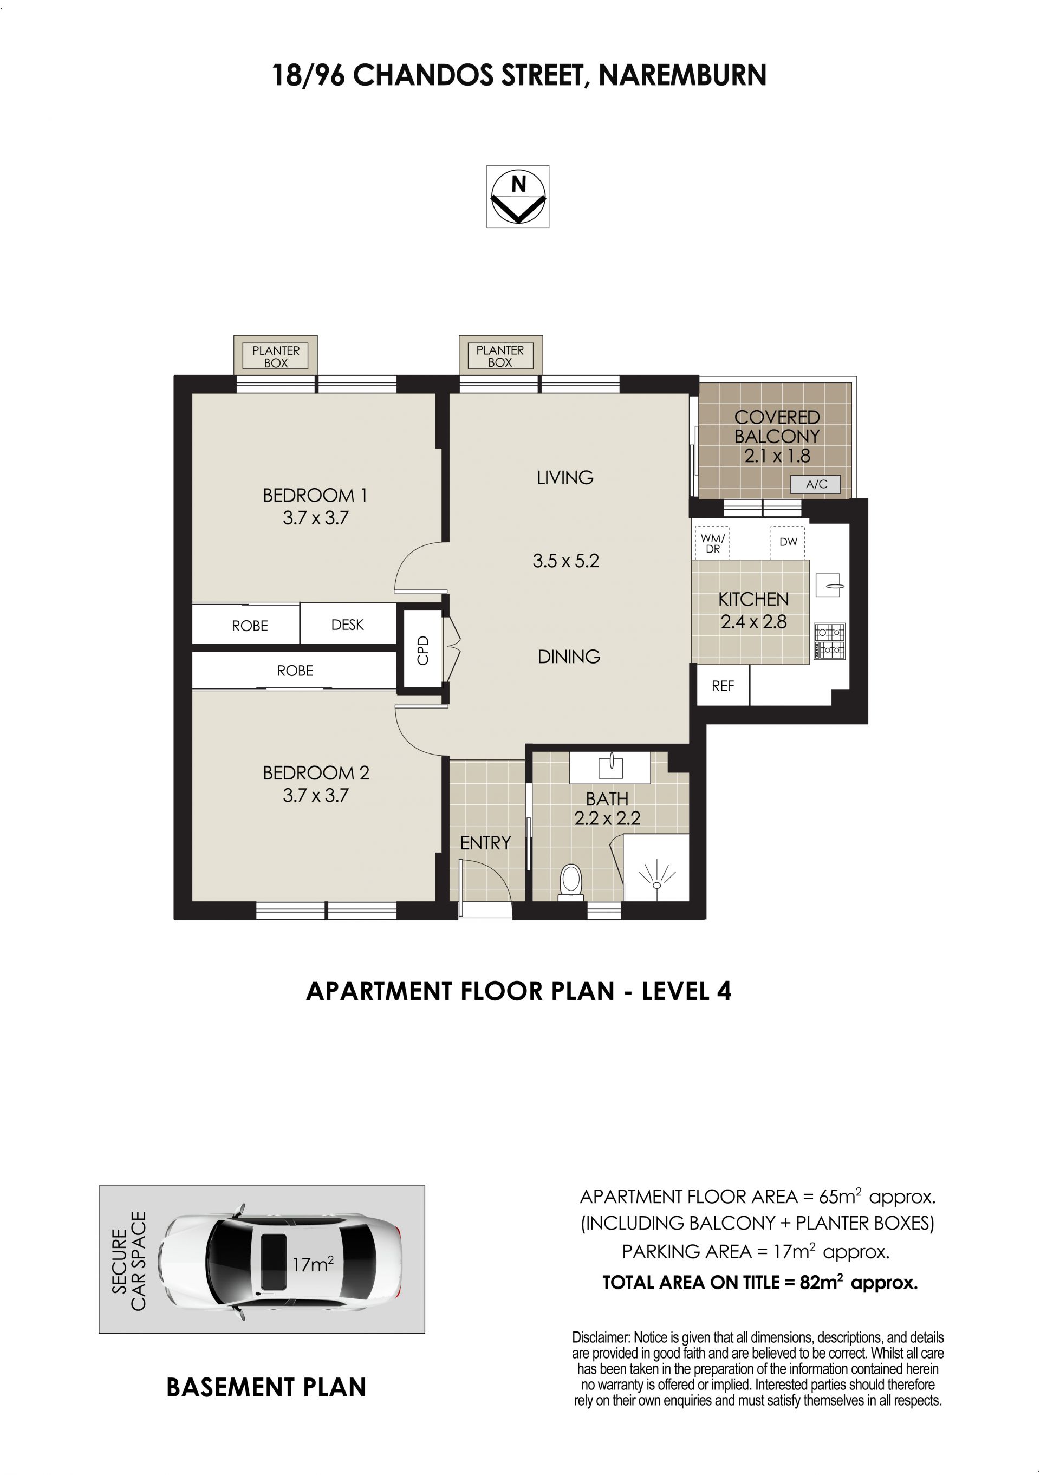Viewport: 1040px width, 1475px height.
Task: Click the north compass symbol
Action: [x=518, y=197]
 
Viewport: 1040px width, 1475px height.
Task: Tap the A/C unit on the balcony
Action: [x=815, y=484]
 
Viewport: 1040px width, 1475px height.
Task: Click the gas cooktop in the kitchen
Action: [x=830, y=641]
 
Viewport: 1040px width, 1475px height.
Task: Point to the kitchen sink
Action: [x=829, y=585]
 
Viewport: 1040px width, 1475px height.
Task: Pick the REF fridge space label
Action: [x=722, y=686]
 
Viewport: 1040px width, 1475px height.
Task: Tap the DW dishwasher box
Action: [x=788, y=542]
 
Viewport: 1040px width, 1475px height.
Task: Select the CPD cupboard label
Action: [x=422, y=650]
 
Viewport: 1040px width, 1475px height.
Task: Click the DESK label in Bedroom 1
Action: [x=348, y=625]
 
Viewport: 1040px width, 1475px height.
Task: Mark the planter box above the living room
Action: [x=500, y=355]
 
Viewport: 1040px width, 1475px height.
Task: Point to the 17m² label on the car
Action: [x=313, y=1264]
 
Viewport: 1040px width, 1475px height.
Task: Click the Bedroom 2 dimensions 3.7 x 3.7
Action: [x=315, y=795]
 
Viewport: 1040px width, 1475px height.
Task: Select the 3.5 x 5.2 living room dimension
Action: [x=565, y=561]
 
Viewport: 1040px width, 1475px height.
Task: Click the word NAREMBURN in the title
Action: [x=682, y=75]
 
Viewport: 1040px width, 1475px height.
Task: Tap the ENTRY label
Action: [x=486, y=842]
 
